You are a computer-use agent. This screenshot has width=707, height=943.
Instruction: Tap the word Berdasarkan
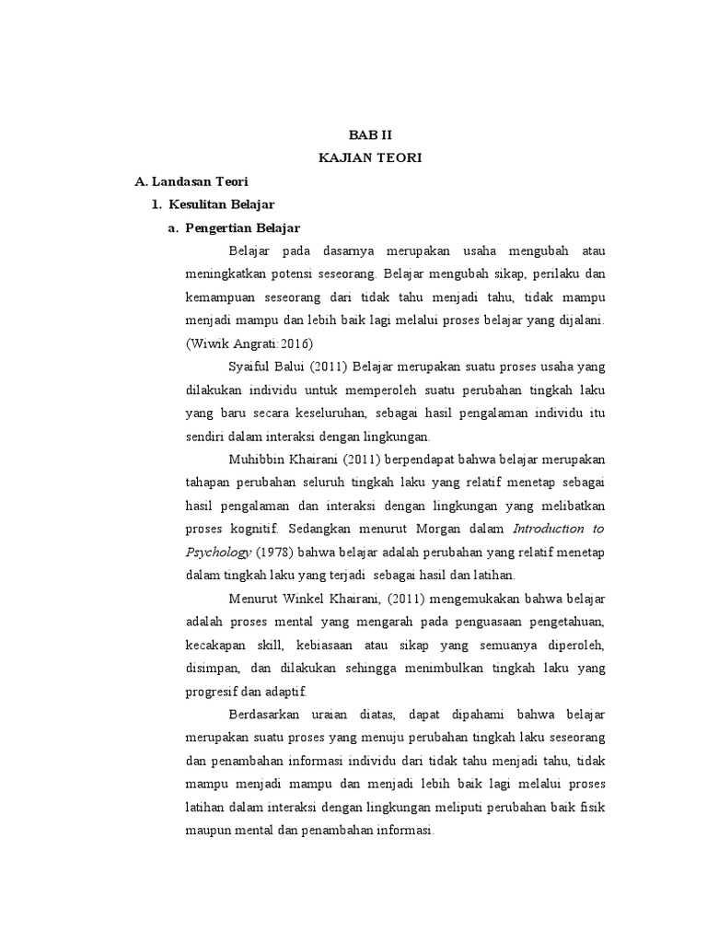point(266,714)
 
